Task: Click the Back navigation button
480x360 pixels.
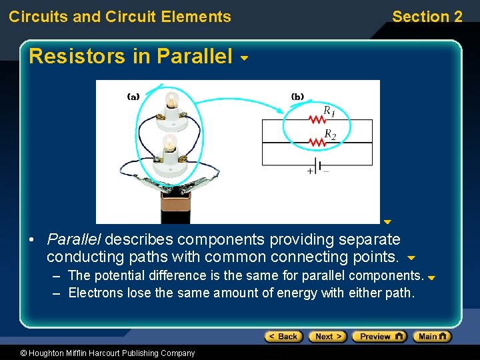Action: click(283, 337)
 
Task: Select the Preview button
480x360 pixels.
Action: click(379, 337)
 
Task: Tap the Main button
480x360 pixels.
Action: click(432, 337)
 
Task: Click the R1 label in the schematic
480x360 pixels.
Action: click(329, 111)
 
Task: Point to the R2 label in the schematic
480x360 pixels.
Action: click(329, 135)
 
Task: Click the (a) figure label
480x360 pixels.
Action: click(133, 96)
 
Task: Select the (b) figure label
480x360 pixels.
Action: click(297, 96)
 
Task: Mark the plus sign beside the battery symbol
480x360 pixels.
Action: click(309, 171)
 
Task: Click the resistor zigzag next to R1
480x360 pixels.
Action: click(317, 120)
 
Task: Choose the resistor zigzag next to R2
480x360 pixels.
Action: click(317, 142)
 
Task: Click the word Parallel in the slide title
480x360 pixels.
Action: click(195, 57)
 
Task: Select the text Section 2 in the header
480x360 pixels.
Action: click(427, 17)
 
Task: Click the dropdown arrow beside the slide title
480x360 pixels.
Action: click(244, 59)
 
